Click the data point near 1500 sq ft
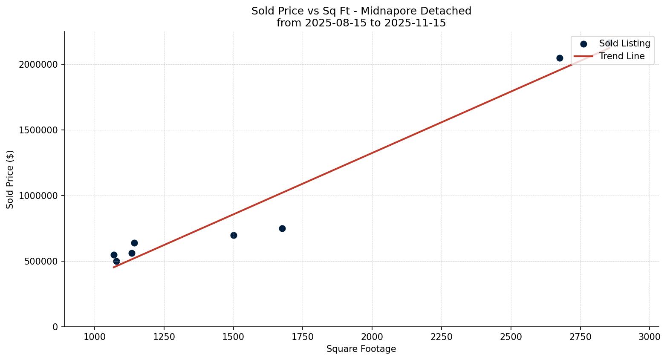[234, 235]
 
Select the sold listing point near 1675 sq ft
[282, 228]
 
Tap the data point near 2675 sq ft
[560, 58]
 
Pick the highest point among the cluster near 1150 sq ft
[134, 243]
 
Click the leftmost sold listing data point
[114, 255]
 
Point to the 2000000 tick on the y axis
[38, 64]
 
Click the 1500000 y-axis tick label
[38, 130]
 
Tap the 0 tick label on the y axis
[55, 327]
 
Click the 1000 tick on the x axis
[95, 337]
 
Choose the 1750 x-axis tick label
[303, 337]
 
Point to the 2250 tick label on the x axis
[442, 337]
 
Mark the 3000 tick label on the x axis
[650, 337]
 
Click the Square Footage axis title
[361, 349]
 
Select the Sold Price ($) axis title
[10, 179]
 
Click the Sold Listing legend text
[624, 43]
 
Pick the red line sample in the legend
[583, 56]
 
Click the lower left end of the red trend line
[113, 267]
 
